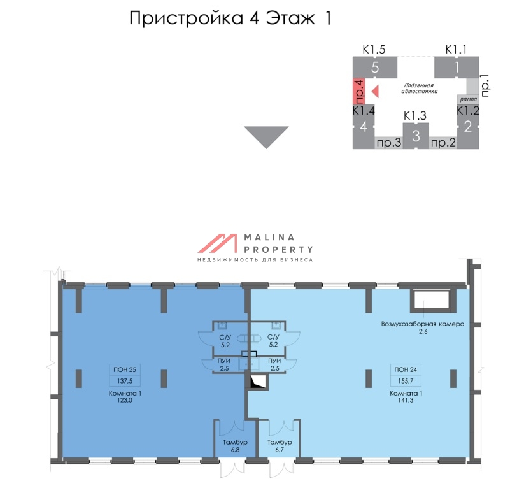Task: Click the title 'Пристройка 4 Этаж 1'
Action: pyautogui.click(x=230, y=18)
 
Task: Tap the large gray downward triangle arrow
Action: pyautogui.click(x=266, y=136)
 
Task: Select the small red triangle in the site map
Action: pyautogui.click(x=375, y=91)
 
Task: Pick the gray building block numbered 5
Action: pyautogui.click(x=375, y=66)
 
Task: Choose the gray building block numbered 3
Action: pyautogui.click(x=416, y=136)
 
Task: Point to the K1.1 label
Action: pyautogui.click(x=456, y=48)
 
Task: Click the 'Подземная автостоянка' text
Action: pyautogui.click(x=418, y=88)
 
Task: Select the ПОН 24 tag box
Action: pyautogui.click(x=406, y=369)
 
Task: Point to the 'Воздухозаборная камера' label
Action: pyautogui.click(x=422, y=324)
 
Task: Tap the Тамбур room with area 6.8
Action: pyautogui.click(x=235, y=445)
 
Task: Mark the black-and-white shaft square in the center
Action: pyautogui.click(x=257, y=382)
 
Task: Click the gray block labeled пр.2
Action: pyautogui.click(x=444, y=143)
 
